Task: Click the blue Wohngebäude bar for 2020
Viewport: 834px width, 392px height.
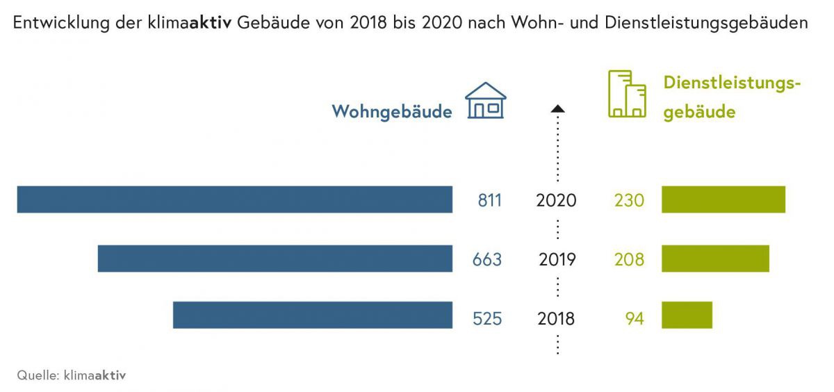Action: click(235, 199)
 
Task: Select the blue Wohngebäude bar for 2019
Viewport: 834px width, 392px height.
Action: click(275, 259)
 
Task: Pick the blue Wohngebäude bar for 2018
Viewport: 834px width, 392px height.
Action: click(313, 315)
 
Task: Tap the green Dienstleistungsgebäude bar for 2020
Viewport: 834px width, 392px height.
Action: click(723, 199)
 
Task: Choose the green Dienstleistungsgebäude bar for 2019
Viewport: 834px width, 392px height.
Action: click(715, 259)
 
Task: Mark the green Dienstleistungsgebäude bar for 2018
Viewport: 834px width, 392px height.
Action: click(687, 315)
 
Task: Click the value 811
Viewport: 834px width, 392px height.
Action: click(489, 201)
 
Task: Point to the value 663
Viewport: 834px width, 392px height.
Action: click(487, 260)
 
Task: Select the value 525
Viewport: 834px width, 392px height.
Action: click(487, 319)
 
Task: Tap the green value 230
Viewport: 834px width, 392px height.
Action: click(629, 201)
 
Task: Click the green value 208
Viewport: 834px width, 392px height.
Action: click(629, 260)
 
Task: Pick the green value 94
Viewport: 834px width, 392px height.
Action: click(635, 319)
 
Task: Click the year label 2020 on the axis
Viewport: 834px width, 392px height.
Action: click(557, 201)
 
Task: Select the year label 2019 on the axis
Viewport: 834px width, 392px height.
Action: click(557, 260)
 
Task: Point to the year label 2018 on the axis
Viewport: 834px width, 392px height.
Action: click(557, 319)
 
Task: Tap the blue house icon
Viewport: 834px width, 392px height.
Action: click(485, 101)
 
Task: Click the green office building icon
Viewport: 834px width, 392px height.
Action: click(626, 94)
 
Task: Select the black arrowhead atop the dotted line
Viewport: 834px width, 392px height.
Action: click(557, 108)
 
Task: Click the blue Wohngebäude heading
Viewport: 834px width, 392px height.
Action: click(392, 111)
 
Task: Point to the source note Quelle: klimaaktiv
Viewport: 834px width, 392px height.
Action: click(72, 375)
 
